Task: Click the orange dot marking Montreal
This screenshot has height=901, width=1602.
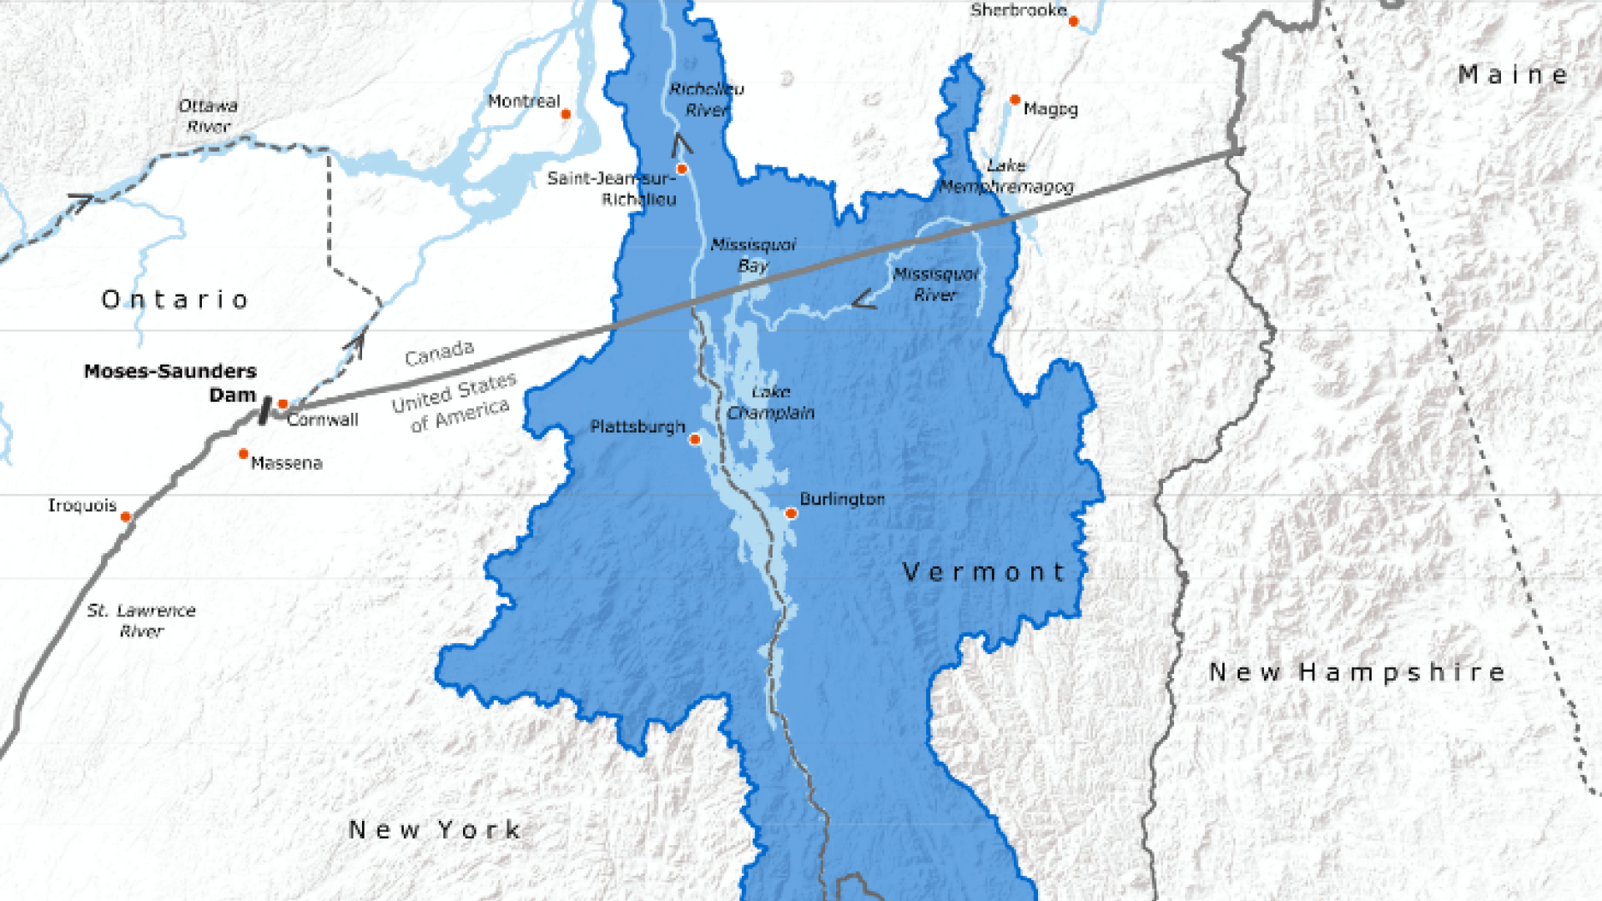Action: pyautogui.click(x=566, y=114)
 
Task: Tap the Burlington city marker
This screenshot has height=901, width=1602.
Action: pyautogui.click(x=791, y=514)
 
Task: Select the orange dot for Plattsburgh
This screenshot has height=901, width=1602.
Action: pyautogui.click(x=694, y=440)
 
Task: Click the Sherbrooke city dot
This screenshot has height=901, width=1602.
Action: pyautogui.click(x=1074, y=22)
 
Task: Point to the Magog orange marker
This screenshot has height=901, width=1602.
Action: pyautogui.click(x=1015, y=100)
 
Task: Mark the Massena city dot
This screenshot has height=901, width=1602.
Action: pyautogui.click(x=244, y=454)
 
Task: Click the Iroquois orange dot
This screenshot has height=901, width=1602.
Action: pyautogui.click(x=126, y=517)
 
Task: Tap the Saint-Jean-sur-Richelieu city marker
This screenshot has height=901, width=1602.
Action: pyautogui.click(x=682, y=169)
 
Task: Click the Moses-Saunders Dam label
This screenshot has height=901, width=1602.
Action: pyautogui.click(x=170, y=382)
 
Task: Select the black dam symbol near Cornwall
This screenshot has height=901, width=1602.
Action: pyautogui.click(x=264, y=410)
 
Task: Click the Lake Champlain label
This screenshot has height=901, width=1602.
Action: pyautogui.click(x=770, y=402)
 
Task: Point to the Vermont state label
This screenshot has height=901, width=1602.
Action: pyautogui.click(x=984, y=572)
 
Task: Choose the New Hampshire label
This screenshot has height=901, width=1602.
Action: pyautogui.click(x=1357, y=672)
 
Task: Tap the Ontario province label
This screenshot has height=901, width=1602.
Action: pyautogui.click(x=175, y=299)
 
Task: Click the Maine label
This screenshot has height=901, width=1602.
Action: pyautogui.click(x=1512, y=75)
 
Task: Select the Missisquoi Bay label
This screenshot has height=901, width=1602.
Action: pyautogui.click(x=753, y=255)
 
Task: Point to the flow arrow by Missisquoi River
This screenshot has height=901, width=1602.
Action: pyautogui.click(x=864, y=299)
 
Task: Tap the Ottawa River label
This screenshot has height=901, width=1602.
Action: pyautogui.click(x=208, y=116)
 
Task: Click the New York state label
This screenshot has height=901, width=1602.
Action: pyautogui.click(x=435, y=830)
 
